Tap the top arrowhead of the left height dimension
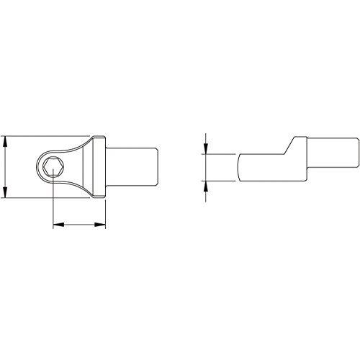5,138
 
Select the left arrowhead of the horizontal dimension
57,225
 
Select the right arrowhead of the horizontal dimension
103,225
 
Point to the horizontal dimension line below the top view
80,225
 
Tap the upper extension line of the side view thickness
220,153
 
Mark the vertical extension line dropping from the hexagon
53,202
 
